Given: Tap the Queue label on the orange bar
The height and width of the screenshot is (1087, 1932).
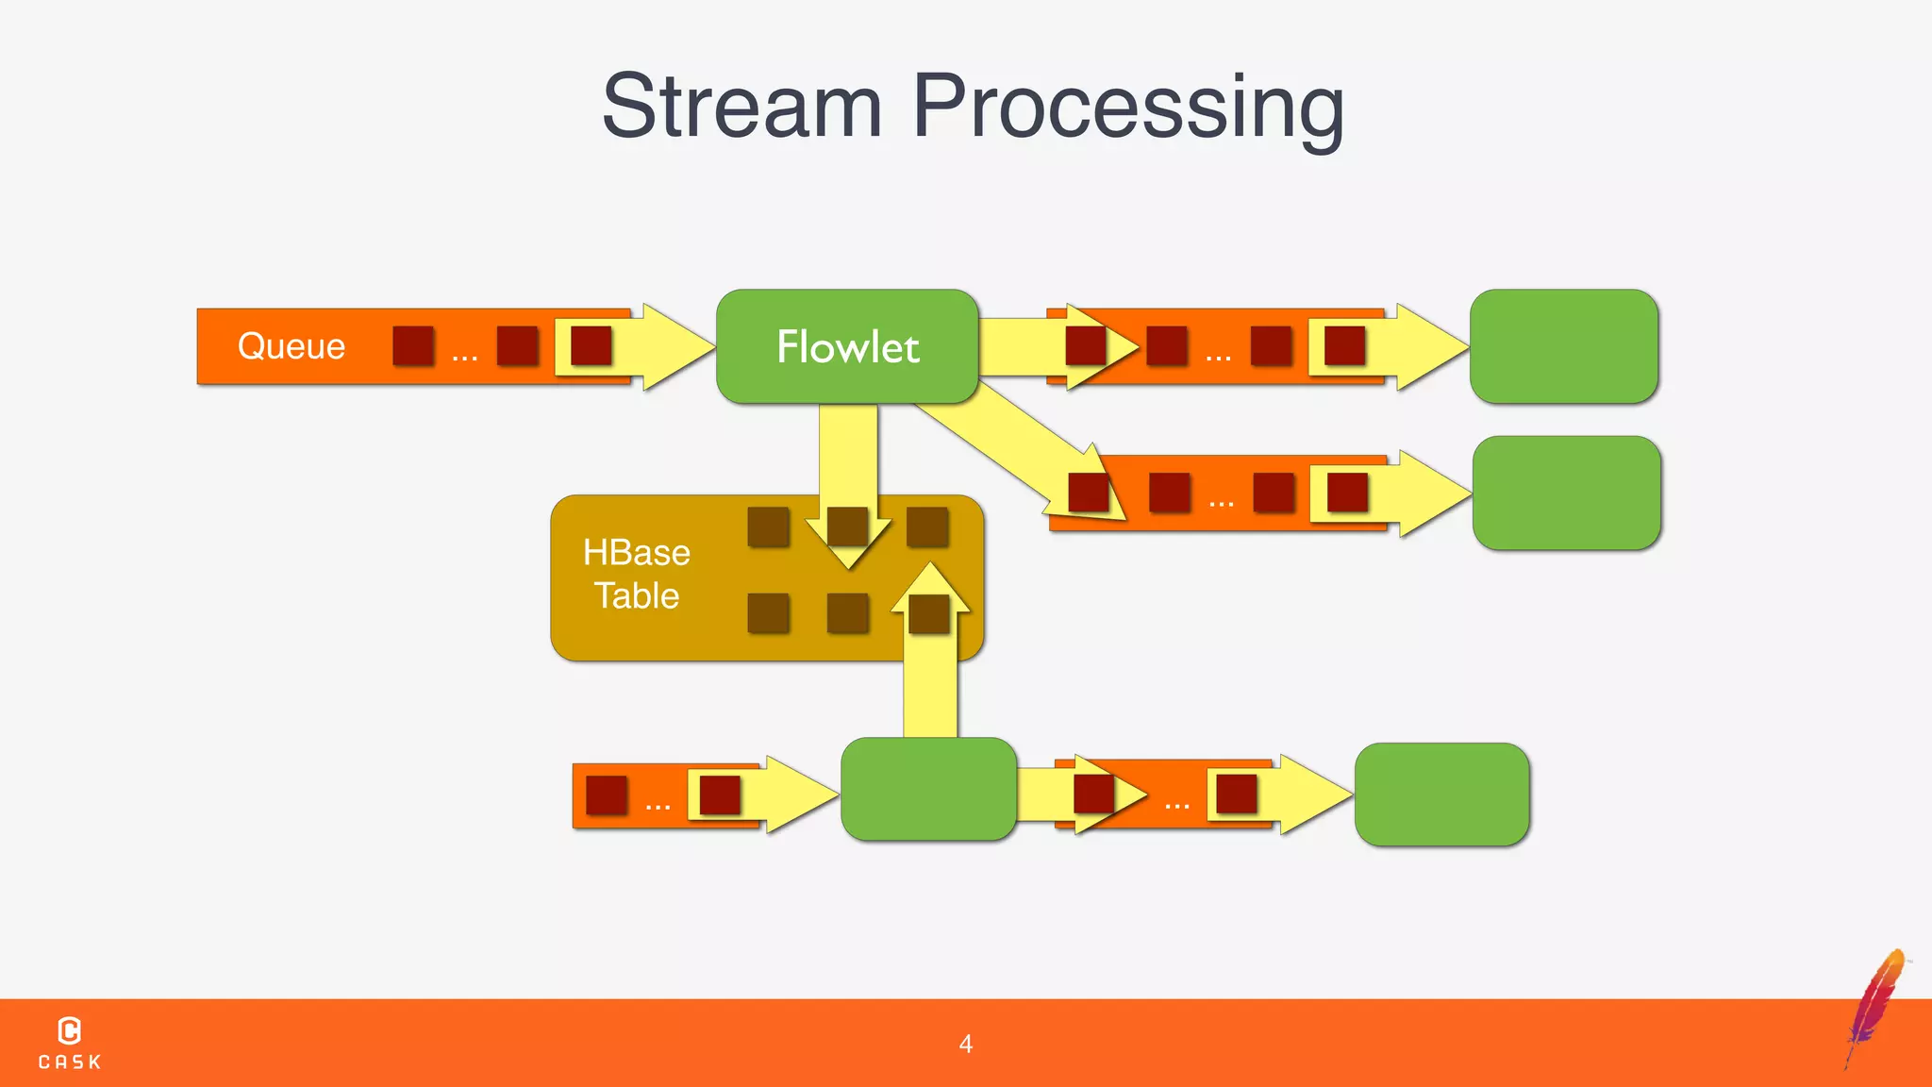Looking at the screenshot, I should (291, 346).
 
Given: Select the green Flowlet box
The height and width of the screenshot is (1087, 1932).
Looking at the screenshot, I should (847, 346).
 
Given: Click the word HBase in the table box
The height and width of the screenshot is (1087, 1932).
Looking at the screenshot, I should (636, 552).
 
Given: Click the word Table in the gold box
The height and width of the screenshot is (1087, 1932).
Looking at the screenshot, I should (636, 595).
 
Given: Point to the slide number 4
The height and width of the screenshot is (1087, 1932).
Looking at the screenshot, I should (965, 1044).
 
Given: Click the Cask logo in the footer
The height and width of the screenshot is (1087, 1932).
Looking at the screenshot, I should (69, 1042).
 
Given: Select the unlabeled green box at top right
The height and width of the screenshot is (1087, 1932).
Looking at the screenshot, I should (1563, 346).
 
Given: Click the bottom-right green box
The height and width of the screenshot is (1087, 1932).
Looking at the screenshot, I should (1441, 794).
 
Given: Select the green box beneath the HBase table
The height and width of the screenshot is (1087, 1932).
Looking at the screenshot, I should (928, 789).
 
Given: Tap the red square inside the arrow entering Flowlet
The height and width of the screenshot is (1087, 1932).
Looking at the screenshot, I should (591, 345).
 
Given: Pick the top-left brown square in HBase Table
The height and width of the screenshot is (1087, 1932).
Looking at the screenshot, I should (768, 527).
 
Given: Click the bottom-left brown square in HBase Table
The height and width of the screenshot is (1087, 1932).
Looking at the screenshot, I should (768, 613).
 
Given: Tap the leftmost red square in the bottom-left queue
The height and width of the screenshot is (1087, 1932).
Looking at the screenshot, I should (607, 794).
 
